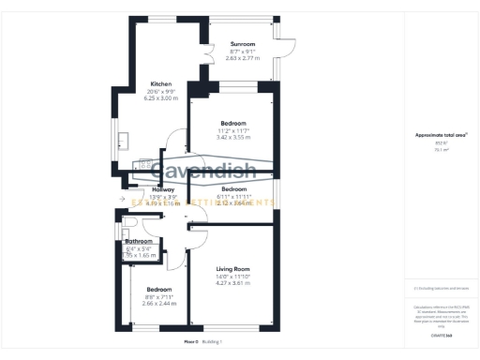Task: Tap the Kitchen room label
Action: (x=160, y=84)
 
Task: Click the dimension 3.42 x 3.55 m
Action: (x=233, y=137)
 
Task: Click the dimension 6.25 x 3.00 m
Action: (x=160, y=97)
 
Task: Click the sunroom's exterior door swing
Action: (x=287, y=45)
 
